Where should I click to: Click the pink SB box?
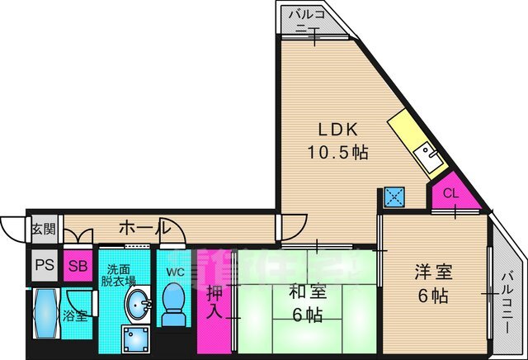pyautogui.click(x=78, y=266)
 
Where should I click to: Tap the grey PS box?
pyautogui.click(x=45, y=266)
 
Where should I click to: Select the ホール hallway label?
pyautogui.click(x=144, y=228)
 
